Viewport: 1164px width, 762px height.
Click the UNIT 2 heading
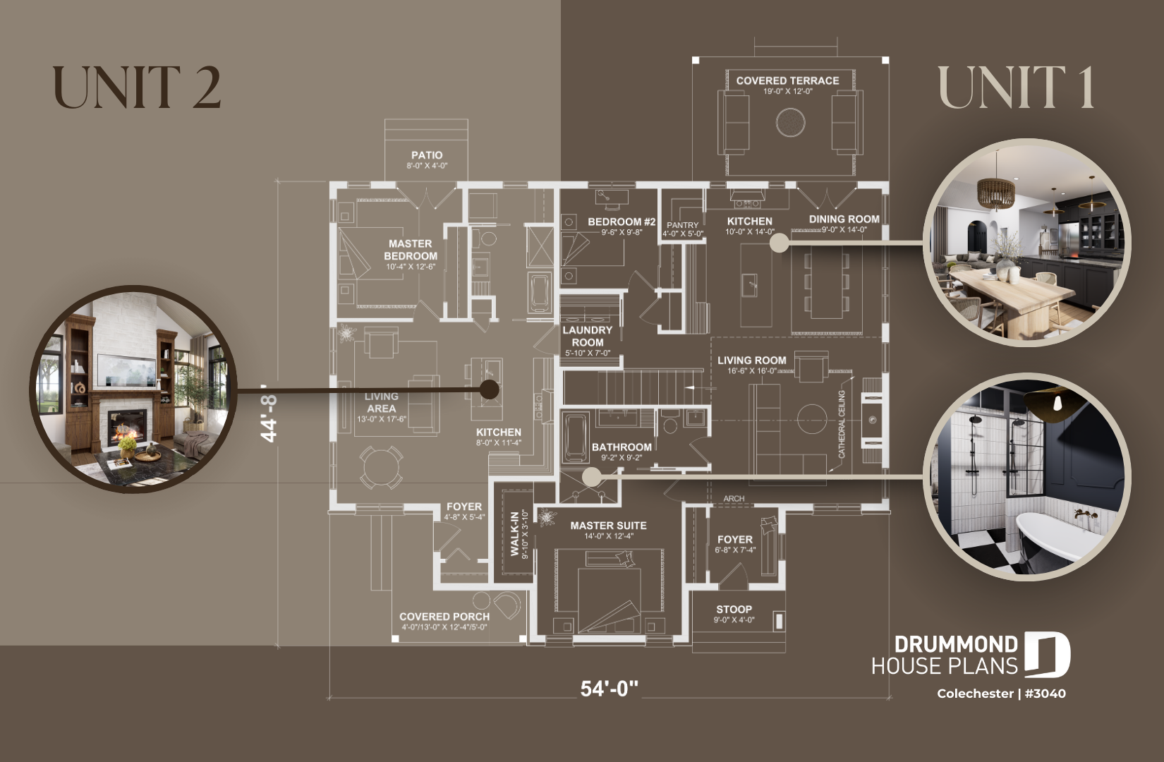pyautogui.click(x=137, y=88)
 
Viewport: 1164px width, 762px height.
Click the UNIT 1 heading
pyautogui.click(x=1016, y=88)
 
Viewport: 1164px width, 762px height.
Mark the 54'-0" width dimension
pyautogui.click(x=609, y=688)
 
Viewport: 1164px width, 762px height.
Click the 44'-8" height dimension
pyautogui.click(x=269, y=416)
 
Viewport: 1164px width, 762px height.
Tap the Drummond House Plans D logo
pyautogui.click(x=1047, y=655)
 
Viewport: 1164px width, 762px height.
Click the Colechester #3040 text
pyautogui.click(x=1001, y=694)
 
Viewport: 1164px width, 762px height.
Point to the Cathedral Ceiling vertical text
pyautogui.click(x=842, y=424)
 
